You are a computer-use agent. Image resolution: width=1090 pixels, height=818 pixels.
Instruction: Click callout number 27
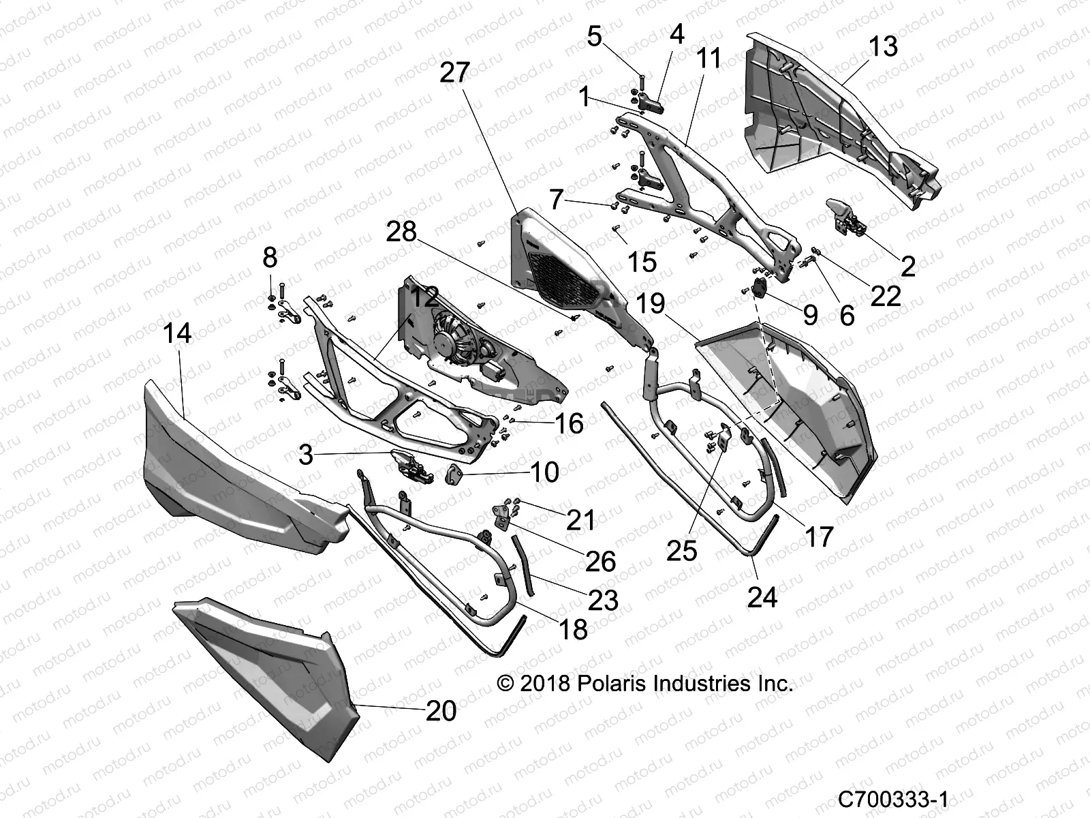[455, 72]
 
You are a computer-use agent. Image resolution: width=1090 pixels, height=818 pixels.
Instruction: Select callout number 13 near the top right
[883, 46]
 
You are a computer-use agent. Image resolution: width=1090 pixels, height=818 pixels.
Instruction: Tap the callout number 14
[177, 333]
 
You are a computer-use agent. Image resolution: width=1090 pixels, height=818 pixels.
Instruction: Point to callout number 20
[441, 711]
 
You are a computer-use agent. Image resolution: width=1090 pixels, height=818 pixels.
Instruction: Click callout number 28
[401, 232]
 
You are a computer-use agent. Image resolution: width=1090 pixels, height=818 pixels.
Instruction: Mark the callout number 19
[651, 303]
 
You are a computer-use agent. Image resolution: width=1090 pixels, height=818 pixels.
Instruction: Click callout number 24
[762, 597]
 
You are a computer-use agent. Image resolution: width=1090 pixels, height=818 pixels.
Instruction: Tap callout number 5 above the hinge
[595, 36]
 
